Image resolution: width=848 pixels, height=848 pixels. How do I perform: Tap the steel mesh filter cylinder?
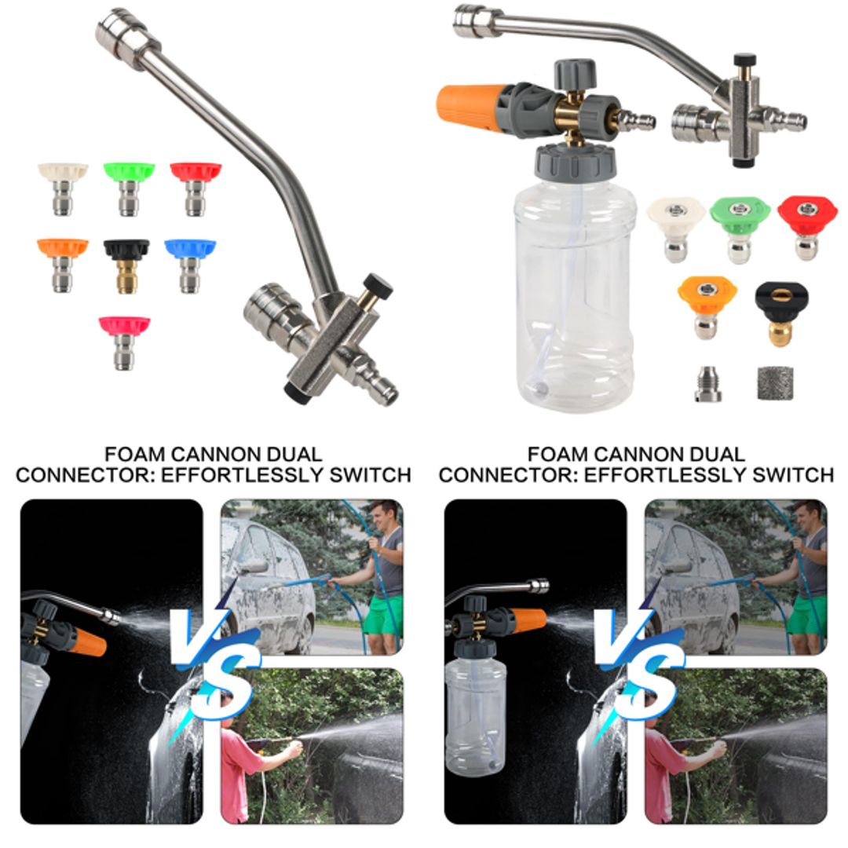coord(773,383)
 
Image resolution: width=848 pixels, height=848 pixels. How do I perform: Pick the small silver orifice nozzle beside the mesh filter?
coord(708,384)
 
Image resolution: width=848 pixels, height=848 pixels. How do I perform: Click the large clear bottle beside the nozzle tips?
coord(576,291)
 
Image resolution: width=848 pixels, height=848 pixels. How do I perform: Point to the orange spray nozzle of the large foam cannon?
coord(467,108)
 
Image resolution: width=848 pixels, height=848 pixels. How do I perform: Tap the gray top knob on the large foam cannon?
coord(575,73)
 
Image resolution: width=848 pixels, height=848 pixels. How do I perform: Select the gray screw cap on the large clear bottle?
coord(575,162)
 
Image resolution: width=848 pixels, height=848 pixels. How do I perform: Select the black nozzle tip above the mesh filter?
coord(782,310)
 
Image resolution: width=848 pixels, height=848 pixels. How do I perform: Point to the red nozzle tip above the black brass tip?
coord(806,224)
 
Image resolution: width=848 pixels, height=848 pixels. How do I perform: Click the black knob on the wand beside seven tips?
coord(378,285)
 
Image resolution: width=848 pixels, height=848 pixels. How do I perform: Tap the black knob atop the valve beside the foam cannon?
coord(744,60)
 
